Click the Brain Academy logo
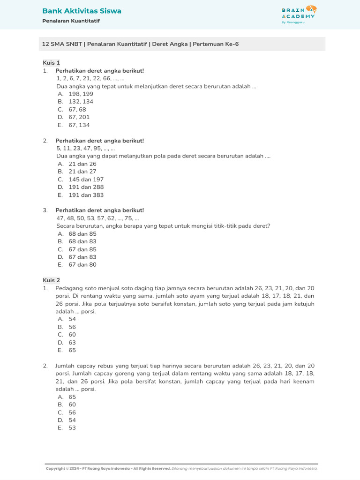pos(299,15)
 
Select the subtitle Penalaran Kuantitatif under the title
pos(71,21)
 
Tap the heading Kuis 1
pos(51,63)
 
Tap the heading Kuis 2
pos(51,280)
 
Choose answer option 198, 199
pos(81,94)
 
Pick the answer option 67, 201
pos(79,117)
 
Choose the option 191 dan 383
pos(86,195)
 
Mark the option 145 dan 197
pos(86,180)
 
